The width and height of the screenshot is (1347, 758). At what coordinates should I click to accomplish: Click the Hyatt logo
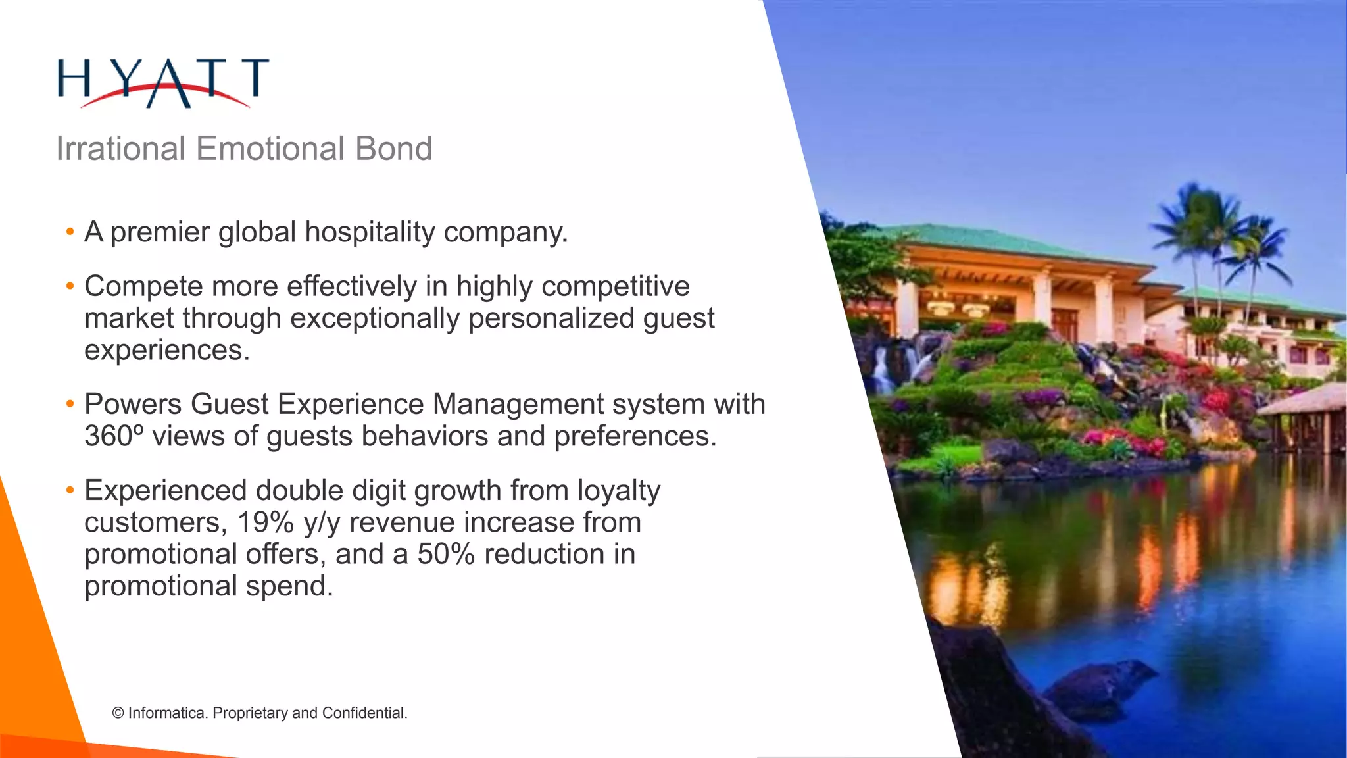pyautogui.click(x=163, y=82)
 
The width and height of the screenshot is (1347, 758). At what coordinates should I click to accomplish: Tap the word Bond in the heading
pyautogui.click(x=393, y=149)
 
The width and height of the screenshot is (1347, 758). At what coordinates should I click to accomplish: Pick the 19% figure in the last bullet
pyautogui.click(x=265, y=522)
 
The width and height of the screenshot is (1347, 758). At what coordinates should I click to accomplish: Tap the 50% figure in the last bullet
pyautogui.click(x=445, y=554)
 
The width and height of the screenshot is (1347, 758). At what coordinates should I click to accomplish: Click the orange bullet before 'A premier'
pyautogui.click(x=70, y=232)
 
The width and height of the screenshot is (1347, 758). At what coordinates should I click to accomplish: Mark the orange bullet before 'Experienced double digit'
pyautogui.click(x=70, y=491)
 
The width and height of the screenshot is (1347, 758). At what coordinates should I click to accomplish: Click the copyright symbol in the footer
pyautogui.click(x=118, y=713)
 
